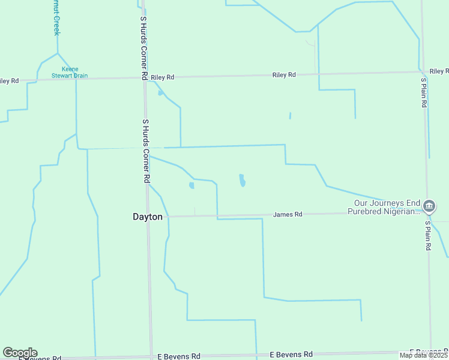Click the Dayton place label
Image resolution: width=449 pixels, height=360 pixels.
pyautogui.click(x=147, y=217)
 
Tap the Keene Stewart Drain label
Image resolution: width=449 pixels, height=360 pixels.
pyautogui.click(x=75, y=73)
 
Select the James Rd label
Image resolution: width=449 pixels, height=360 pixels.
pyautogui.click(x=288, y=214)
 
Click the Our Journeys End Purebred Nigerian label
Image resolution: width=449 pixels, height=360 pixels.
pyautogui.click(x=386, y=207)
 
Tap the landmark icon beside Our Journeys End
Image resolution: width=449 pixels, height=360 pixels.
pyautogui.click(x=429, y=207)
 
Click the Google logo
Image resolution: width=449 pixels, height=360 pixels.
pyautogui.click(x=20, y=353)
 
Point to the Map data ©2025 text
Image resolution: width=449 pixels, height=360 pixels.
pyautogui.click(x=423, y=355)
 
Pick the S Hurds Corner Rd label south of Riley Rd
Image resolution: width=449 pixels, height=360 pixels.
pyautogui.click(x=145, y=151)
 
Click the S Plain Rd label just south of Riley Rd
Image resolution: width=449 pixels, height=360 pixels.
pyautogui.click(x=424, y=92)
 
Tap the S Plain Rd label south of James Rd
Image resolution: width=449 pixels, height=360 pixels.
pyautogui.click(x=428, y=236)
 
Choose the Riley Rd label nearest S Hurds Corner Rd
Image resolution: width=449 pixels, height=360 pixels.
pyautogui.click(x=163, y=77)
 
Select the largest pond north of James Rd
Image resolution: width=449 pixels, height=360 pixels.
pyautogui.click(x=242, y=180)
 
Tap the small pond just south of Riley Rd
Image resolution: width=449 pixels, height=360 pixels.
pyautogui.click(x=160, y=93)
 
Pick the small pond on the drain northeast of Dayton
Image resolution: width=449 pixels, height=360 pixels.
pyautogui.click(x=191, y=185)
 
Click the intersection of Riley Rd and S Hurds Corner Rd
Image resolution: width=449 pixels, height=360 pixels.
pyautogui.click(x=144, y=77)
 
